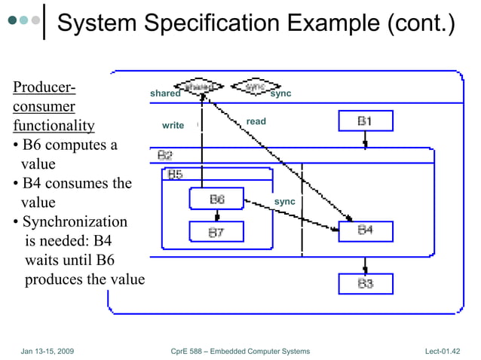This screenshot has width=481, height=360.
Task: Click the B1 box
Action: (x=365, y=121)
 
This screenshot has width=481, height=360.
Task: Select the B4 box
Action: (x=365, y=230)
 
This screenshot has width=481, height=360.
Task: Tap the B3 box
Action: (x=365, y=283)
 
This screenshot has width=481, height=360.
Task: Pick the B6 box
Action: (x=216, y=200)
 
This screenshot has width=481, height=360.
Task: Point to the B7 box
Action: (x=216, y=233)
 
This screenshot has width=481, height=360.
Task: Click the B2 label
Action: (x=165, y=155)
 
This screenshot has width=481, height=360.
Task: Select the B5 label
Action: (x=174, y=175)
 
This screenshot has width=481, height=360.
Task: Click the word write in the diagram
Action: (x=173, y=125)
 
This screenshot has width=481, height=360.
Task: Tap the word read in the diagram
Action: (x=256, y=121)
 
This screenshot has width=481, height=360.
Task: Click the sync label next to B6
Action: (x=284, y=202)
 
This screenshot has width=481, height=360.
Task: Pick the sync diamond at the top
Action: (x=254, y=87)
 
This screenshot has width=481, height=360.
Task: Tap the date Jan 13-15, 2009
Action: (x=47, y=351)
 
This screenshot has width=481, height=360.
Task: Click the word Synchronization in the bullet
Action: (x=75, y=222)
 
